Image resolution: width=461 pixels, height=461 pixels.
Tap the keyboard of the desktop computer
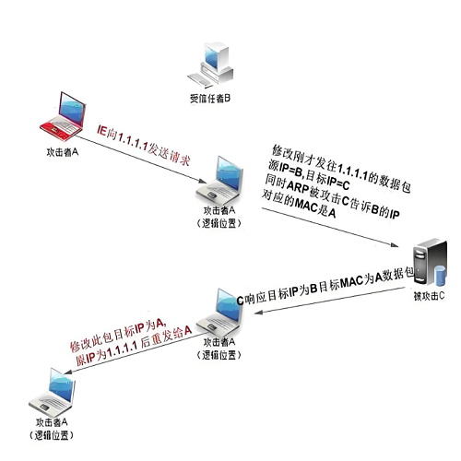(x=199, y=80)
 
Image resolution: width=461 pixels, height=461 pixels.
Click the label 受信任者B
(x=210, y=99)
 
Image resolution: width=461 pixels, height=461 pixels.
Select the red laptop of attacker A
(x=63, y=116)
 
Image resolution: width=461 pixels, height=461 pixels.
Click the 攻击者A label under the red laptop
(x=63, y=152)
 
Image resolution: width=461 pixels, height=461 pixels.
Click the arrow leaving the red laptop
(x=141, y=160)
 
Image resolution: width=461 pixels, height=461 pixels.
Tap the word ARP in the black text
(x=298, y=186)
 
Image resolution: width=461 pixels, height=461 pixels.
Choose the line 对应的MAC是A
(x=298, y=205)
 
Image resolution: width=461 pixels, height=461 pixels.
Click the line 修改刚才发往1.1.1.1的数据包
(x=341, y=169)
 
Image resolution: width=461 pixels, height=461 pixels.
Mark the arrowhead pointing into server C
(x=395, y=245)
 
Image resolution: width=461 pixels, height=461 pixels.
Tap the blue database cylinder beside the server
(x=440, y=276)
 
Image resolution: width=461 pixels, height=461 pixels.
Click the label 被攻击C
(x=429, y=296)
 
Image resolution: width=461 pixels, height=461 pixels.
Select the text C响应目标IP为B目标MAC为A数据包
(x=325, y=286)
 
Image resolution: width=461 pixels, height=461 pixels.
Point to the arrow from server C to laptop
(x=329, y=301)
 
